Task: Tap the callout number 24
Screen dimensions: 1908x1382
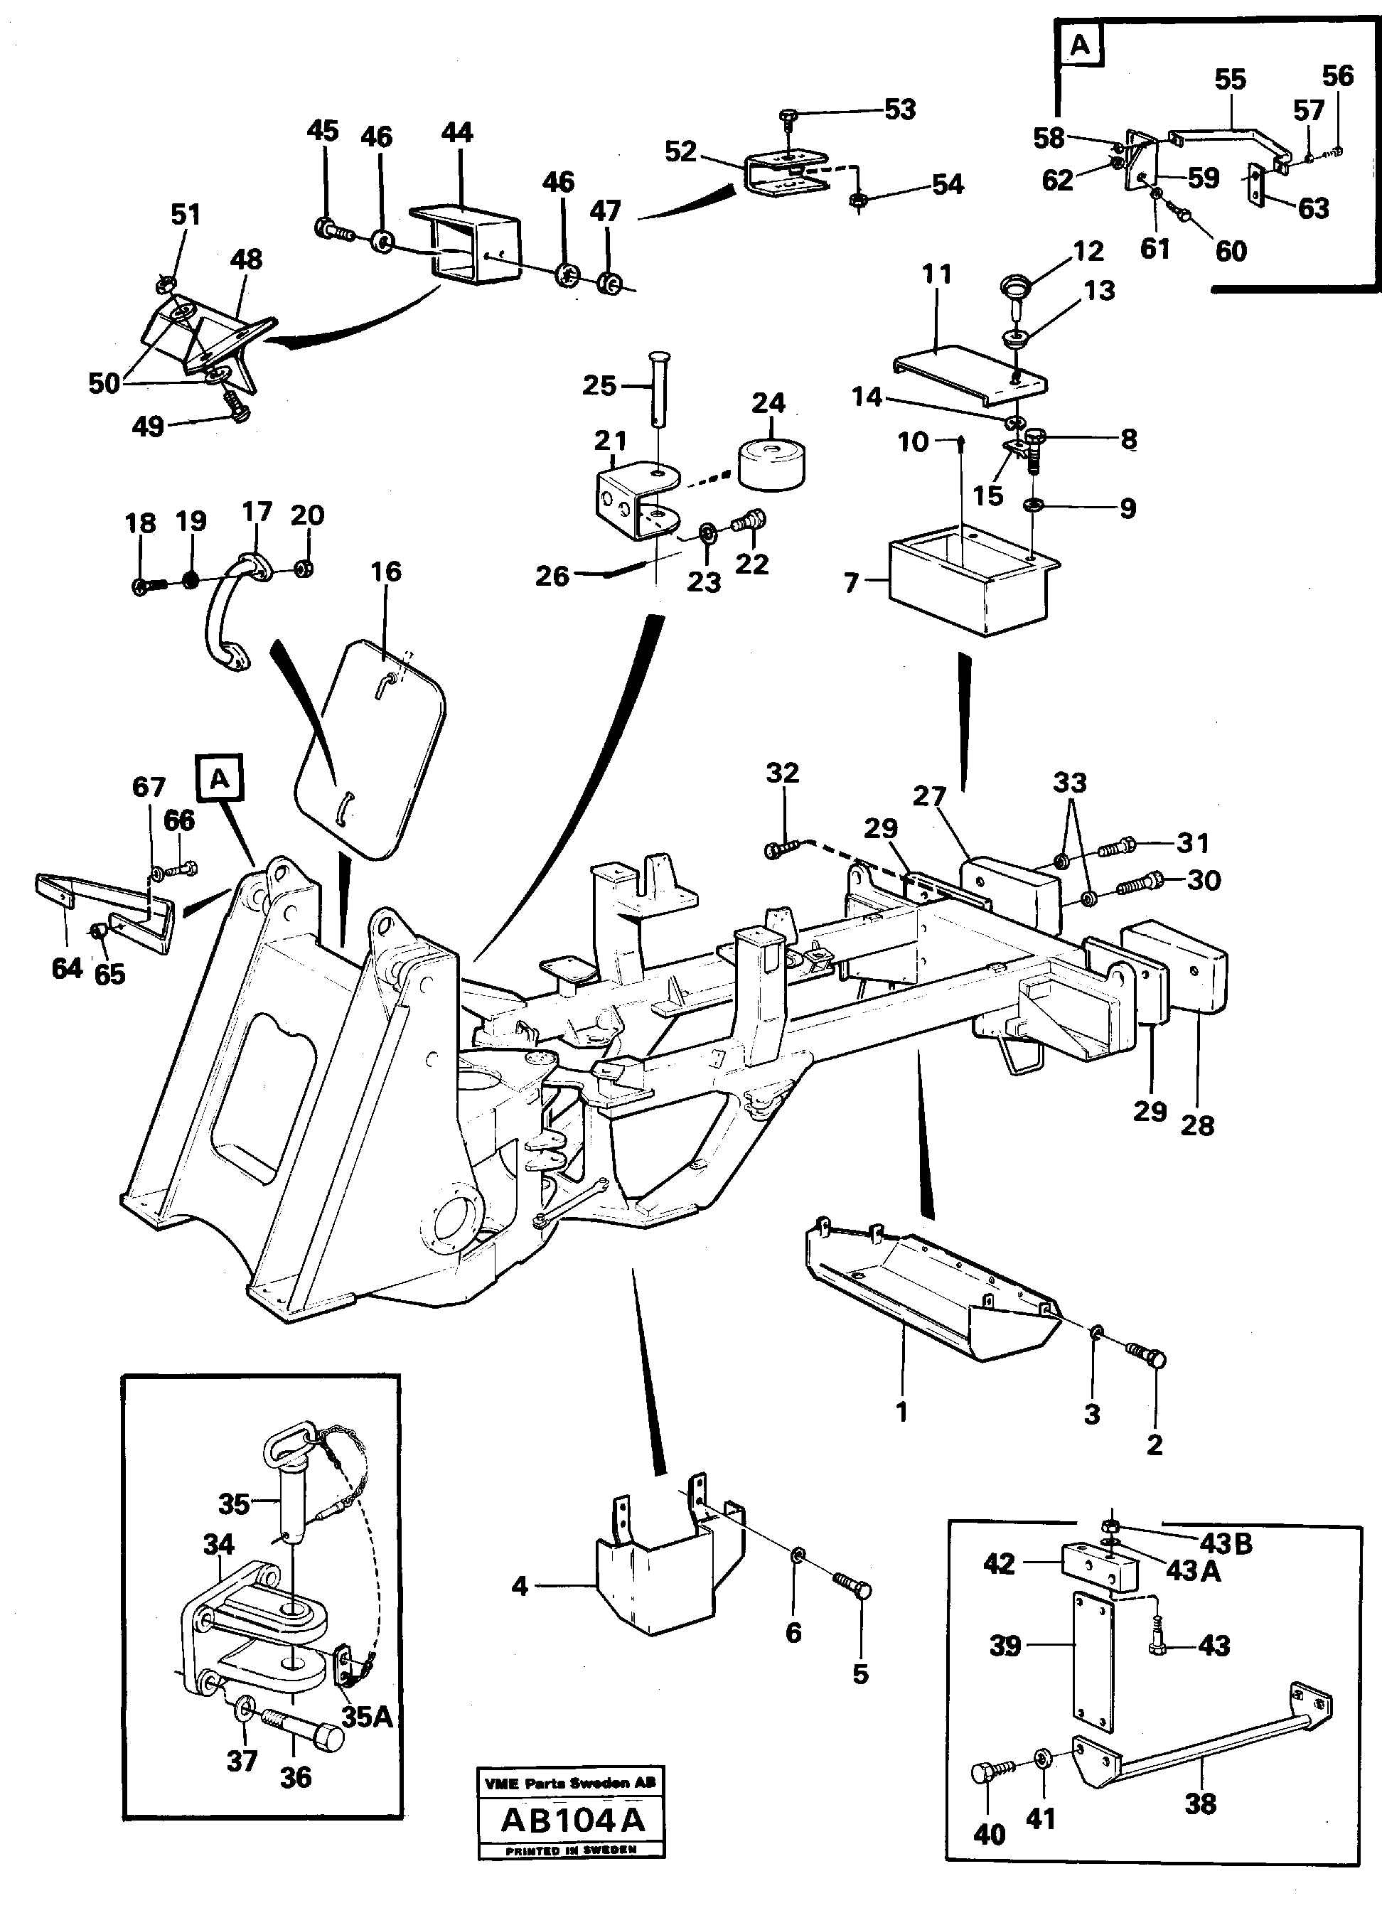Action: pyautogui.click(x=768, y=403)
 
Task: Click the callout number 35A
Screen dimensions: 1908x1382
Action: pyautogui.click(x=368, y=1716)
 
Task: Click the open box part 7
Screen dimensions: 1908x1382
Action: pyautogui.click(x=968, y=584)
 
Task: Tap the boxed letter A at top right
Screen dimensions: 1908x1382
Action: pyautogui.click(x=1080, y=46)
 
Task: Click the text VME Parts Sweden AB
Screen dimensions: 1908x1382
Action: pyautogui.click(x=571, y=1781)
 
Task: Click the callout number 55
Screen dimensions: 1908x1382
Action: pyautogui.click(x=1230, y=80)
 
